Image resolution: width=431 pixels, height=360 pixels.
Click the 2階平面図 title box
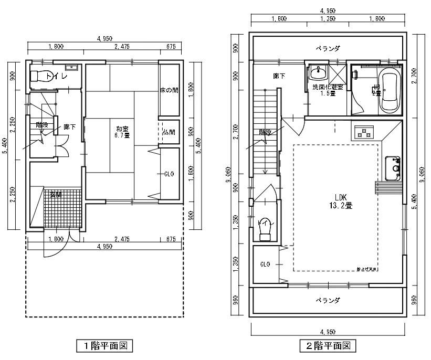pyautogui.click(x=328, y=346)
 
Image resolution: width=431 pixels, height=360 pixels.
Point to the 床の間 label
pyautogui.click(x=169, y=90)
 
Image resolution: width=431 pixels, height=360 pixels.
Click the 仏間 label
pyautogui.click(x=169, y=132)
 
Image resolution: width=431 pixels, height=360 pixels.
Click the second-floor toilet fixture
pyautogui.click(x=265, y=229)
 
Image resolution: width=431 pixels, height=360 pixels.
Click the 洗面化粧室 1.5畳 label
pyautogui.click(x=327, y=90)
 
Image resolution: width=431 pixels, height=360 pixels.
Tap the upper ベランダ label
pyautogui.click(x=328, y=48)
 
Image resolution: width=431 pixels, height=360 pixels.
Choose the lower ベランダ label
pyautogui.click(x=328, y=301)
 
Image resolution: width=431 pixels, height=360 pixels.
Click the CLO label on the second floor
pyautogui.click(x=265, y=264)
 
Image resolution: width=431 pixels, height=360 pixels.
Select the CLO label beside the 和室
pyautogui.click(x=169, y=174)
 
